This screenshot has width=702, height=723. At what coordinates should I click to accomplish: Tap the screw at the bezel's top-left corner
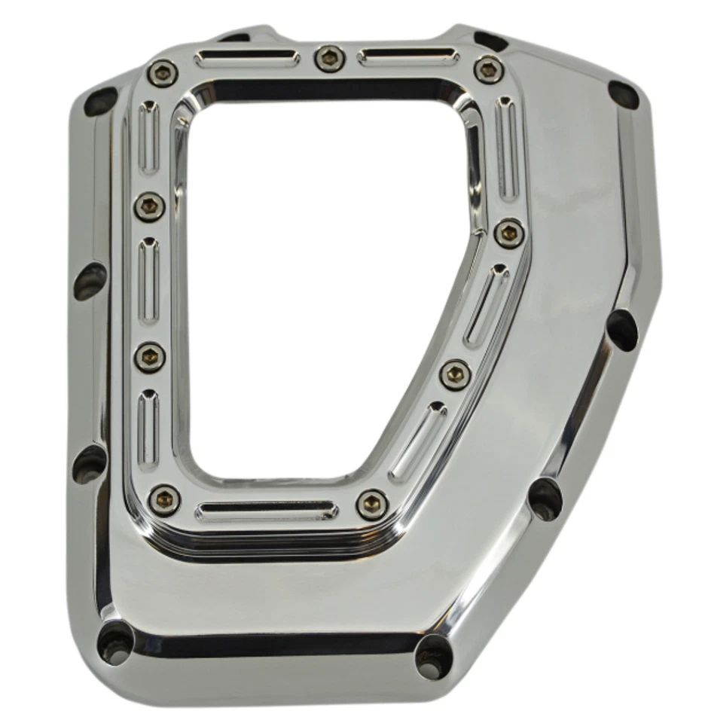pyautogui.click(x=162, y=73)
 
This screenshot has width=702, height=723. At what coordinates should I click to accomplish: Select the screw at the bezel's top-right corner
pyautogui.click(x=488, y=69)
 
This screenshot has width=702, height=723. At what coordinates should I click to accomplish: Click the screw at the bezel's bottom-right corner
pyautogui.click(x=371, y=503)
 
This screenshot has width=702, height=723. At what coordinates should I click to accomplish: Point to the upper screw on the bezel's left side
pyautogui.click(x=149, y=205)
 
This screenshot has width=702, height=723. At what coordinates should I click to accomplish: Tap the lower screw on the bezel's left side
pyautogui.click(x=149, y=357)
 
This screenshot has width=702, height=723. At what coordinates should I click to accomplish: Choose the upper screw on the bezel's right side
pyautogui.click(x=509, y=233)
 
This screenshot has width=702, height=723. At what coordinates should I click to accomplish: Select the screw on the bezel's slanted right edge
pyautogui.click(x=455, y=374)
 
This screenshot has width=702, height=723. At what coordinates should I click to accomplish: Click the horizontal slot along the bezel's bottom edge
pyautogui.click(x=267, y=511)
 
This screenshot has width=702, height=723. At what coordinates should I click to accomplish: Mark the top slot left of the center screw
pyautogui.click(x=247, y=57)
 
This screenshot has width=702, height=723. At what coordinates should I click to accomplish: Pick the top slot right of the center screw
pyautogui.click(x=407, y=56)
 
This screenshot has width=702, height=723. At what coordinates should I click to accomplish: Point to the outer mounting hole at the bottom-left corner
pyautogui.click(x=115, y=642)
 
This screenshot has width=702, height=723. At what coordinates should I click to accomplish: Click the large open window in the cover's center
pyautogui.click(x=316, y=286)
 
